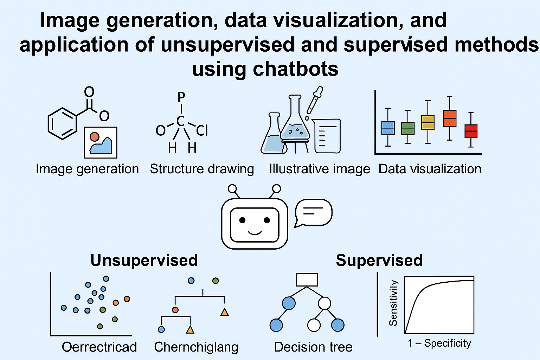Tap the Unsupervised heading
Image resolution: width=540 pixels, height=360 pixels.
click(x=144, y=261)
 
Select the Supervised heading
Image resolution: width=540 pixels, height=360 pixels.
click(x=379, y=261)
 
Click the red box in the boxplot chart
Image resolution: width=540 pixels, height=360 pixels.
click(x=471, y=131)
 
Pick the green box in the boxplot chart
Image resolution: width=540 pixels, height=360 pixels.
click(x=408, y=128)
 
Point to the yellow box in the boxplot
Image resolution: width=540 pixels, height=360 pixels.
click(x=428, y=122)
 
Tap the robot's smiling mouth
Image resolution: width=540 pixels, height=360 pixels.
click(x=255, y=232)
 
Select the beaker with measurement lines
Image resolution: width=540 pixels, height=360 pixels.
click(x=327, y=136)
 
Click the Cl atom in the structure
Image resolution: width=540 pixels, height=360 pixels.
click(x=202, y=131)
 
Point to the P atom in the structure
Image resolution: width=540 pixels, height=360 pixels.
click(x=181, y=97)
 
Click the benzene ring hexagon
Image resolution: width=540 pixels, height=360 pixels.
click(x=62, y=124)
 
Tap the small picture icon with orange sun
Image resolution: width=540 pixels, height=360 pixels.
click(x=101, y=142)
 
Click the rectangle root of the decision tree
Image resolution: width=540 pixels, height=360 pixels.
click(x=307, y=280)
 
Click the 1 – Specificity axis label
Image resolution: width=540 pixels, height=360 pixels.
click(x=439, y=343)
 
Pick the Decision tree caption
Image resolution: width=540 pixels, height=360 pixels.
click(x=313, y=347)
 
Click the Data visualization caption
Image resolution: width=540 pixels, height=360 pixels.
click(x=430, y=169)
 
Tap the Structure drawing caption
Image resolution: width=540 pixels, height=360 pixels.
click(x=202, y=169)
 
